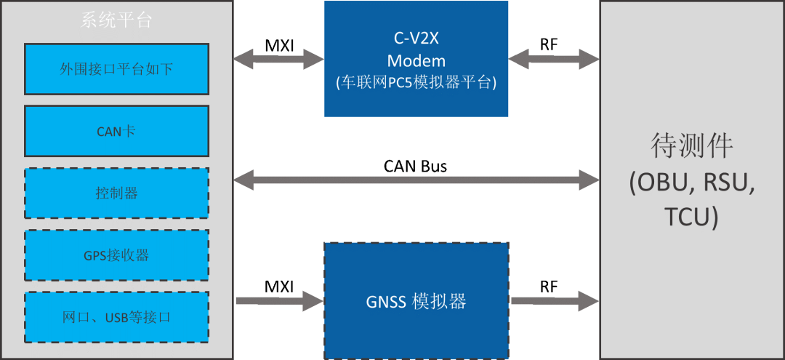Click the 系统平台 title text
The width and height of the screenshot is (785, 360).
[116, 20]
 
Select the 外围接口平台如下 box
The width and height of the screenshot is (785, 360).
[116, 69]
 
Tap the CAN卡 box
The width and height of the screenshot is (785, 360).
[116, 132]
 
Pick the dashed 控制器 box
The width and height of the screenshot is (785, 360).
[116, 193]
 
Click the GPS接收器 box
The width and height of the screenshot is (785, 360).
[116, 255]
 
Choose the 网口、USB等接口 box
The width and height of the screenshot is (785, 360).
[116, 318]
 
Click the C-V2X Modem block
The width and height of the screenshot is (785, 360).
[416, 59]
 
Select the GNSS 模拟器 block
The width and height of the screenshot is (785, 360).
[416, 300]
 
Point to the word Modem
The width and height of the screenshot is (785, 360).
[416, 60]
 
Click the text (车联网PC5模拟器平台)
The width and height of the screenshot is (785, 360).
[416, 83]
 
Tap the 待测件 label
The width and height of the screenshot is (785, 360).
[691, 146]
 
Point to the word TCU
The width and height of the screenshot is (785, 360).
[691, 217]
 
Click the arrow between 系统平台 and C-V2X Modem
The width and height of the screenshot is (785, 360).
[278, 59]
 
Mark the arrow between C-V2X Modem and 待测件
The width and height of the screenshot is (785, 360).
[554, 59]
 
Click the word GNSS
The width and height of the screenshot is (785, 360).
[385, 300]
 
